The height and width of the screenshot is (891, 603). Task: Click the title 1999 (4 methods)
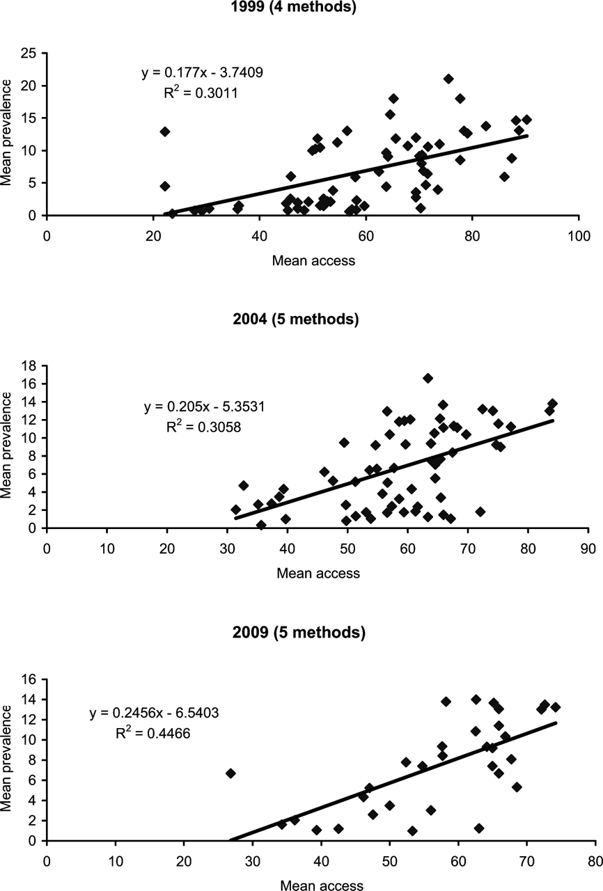point(302,8)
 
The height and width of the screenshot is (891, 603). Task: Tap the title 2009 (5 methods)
point(301,633)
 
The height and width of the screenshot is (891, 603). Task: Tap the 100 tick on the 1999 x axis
point(579,235)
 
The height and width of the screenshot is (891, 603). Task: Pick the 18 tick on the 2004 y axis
point(30,365)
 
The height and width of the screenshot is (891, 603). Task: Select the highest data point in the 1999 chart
point(448,79)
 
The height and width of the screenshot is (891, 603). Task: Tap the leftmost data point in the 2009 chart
point(230,773)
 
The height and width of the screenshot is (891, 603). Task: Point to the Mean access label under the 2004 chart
point(318,574)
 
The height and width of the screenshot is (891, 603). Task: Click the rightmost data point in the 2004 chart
point(553,403)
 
